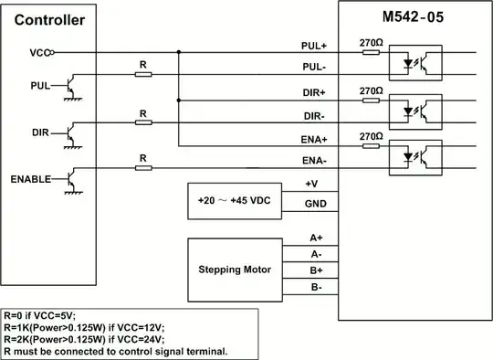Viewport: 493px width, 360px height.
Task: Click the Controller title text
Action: [x=51, y=19]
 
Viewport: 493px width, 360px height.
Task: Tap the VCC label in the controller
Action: [x=37, y=53]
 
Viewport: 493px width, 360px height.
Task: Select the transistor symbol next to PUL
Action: [x=70, y=88]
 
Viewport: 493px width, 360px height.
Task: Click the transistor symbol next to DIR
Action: [x=70, y=133]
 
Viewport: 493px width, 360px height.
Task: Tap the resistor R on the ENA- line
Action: [x=143, y=167]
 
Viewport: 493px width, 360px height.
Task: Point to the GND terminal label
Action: [x=316, y=206]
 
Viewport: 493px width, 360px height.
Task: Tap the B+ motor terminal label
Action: [x=314, y=271]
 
